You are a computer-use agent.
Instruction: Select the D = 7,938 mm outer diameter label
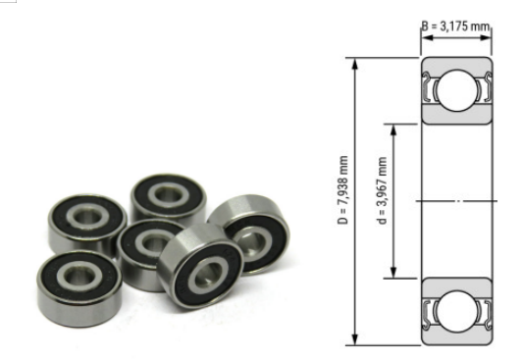coord(340,201)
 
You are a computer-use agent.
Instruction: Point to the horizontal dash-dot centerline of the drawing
coord(457,201)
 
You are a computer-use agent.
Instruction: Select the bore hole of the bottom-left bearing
coord(78,272)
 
